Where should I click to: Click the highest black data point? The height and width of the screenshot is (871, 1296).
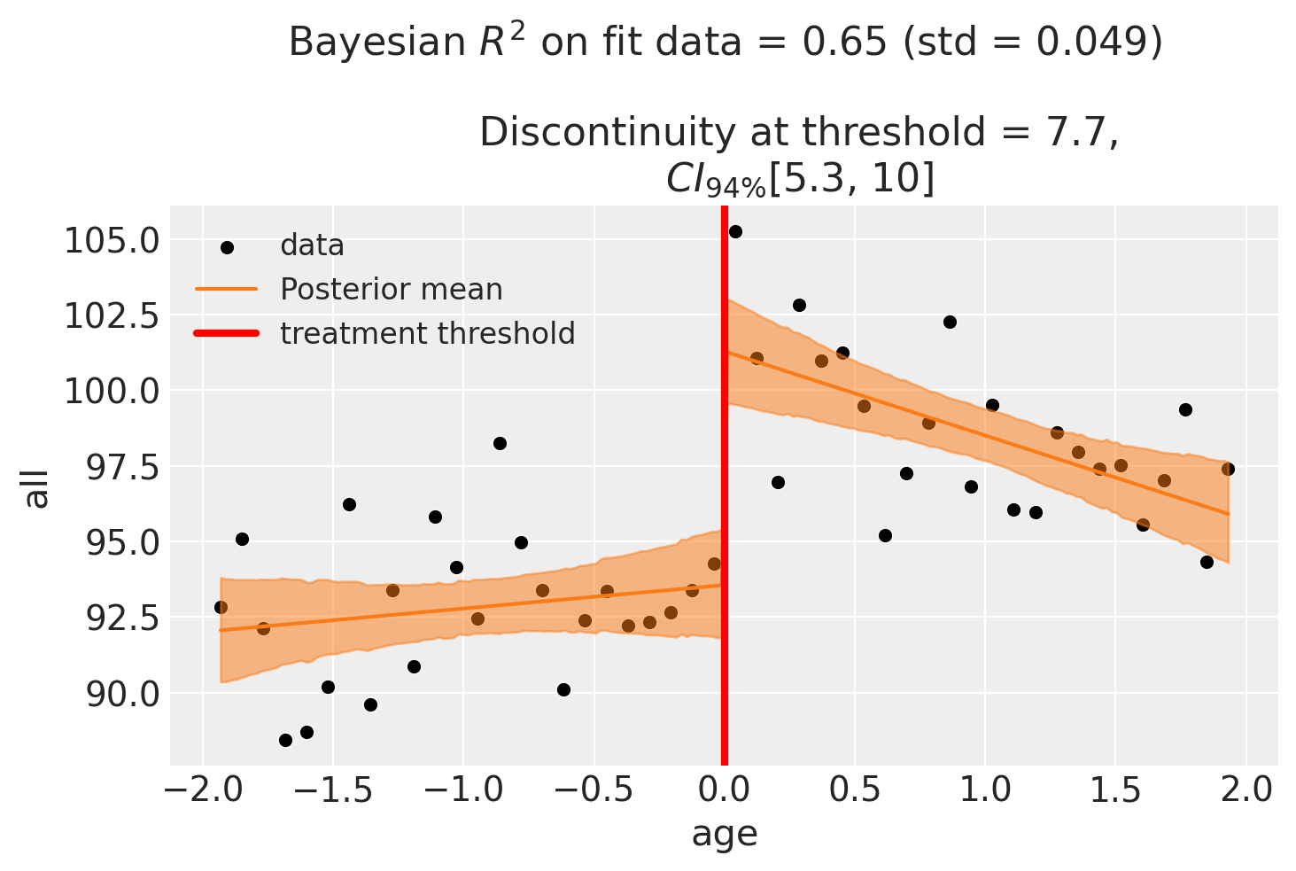[735, 231]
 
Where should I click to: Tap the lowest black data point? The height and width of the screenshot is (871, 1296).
[285, 740]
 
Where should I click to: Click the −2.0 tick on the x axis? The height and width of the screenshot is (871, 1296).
[203, 791]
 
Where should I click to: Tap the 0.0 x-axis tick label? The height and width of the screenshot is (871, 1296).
[725, 791]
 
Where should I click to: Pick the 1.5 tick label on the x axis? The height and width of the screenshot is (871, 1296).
[1116, 791]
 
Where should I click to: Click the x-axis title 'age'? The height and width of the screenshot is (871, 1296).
[725, 834]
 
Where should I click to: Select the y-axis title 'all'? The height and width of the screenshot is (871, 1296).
[37, 488]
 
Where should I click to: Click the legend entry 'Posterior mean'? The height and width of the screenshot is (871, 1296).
[391, 290]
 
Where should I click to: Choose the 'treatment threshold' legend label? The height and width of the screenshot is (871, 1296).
[427, 334]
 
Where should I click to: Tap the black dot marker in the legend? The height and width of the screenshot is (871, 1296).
[227, 246]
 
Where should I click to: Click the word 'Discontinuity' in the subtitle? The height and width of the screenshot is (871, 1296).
[607, 133]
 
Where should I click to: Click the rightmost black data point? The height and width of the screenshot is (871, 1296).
[1228, 469]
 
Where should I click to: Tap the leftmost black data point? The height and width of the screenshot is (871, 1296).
[221, 607]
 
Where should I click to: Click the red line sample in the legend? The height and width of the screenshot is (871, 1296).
[227, 334]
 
